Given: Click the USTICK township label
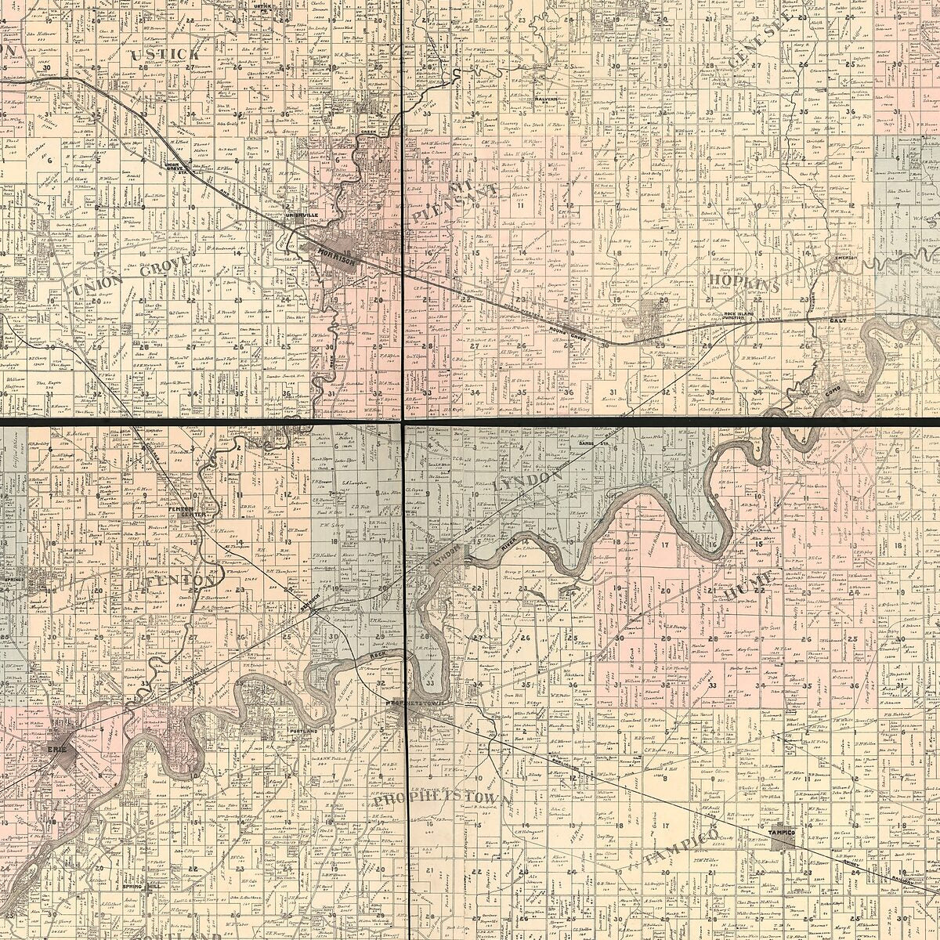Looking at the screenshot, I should (x=163, y=54).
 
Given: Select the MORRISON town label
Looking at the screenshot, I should (x=337, y=253).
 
